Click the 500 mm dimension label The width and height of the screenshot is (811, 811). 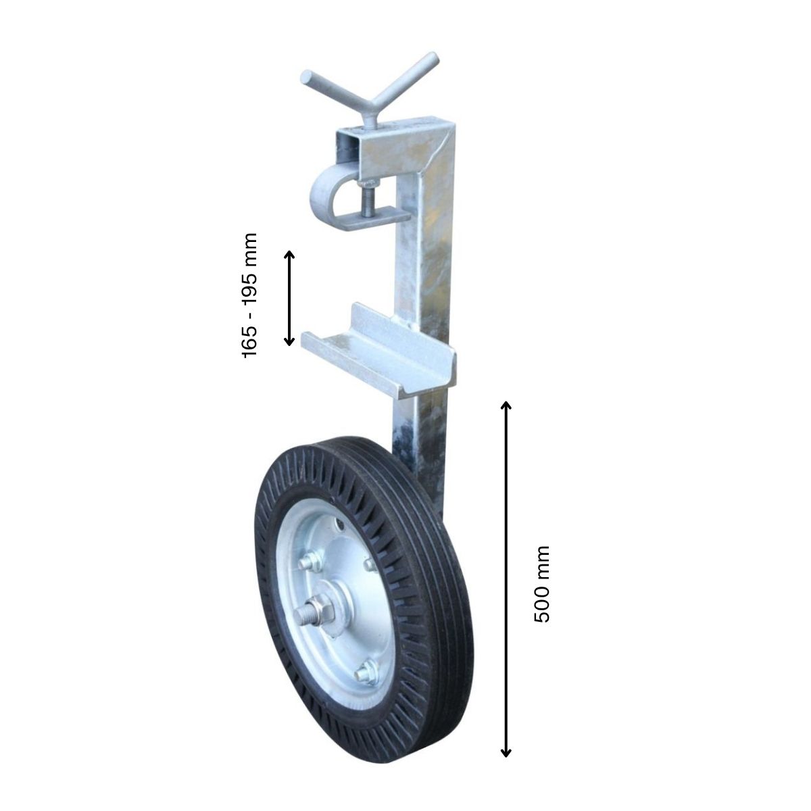tap(541, 584)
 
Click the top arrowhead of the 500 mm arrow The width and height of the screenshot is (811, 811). tap(506, 405)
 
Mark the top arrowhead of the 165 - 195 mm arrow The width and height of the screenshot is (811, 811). tap(289, 254)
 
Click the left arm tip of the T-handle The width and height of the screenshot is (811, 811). tap(307, 78)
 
